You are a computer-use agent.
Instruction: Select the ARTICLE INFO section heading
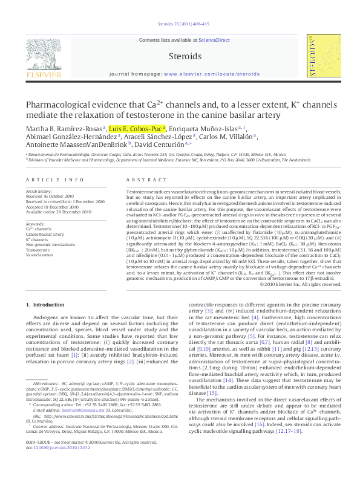tap(54, 180)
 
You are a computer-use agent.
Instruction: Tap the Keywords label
tap(36, 224)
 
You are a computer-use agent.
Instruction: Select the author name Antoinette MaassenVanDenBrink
tap(76, 146)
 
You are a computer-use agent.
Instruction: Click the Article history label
tap(39, 190)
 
